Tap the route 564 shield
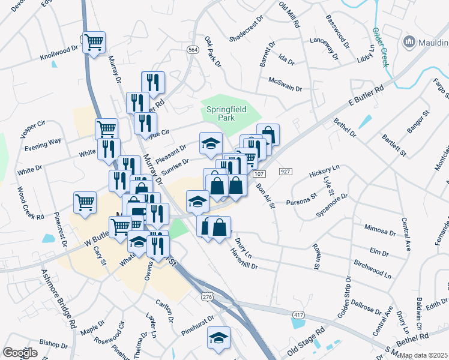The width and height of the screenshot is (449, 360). (x=193, y=50)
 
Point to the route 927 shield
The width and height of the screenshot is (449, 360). (x=285, y=172)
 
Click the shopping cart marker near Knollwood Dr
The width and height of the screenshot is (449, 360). (x=94, y=43)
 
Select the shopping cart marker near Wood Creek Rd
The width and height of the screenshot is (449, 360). (x=85, y=202)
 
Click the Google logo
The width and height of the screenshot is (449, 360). (x=20, y=353)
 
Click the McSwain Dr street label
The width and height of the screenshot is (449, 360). (x=285, y=84)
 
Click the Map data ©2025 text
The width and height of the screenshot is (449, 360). (x=424, y=355)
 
